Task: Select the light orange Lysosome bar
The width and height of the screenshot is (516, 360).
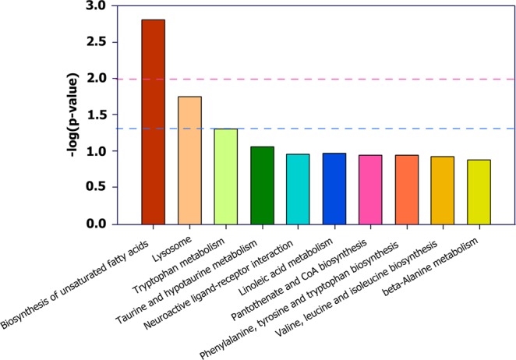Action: (x=189, y=160)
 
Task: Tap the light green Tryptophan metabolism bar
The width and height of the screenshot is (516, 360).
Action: (x=225, y=176)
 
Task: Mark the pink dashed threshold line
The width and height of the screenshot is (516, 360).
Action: (x=312, y=79)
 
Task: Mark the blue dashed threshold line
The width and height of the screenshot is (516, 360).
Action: (x=312, y=129)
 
